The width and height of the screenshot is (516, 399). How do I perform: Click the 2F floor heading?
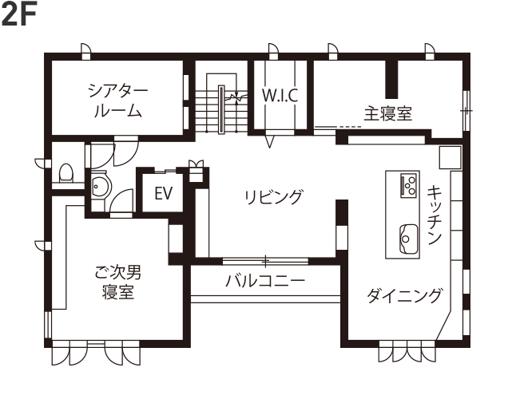20,16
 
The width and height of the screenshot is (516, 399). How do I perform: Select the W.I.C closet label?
280,96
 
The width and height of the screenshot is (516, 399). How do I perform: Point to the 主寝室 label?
389,113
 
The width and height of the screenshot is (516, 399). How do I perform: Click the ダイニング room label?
404,296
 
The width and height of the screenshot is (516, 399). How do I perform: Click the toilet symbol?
67,172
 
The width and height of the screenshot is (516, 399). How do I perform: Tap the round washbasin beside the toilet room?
100,188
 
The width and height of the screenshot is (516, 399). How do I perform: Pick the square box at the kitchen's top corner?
448,155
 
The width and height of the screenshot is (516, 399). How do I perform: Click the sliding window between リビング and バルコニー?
264,260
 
